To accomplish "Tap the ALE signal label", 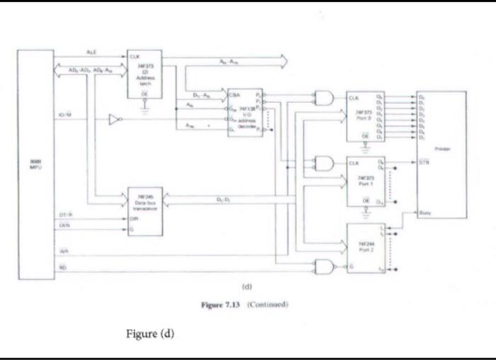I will tap(91, 52).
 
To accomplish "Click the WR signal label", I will tap(63, 252).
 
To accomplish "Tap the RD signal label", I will tap(63, 267).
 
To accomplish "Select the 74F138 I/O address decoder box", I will tap(244, 112).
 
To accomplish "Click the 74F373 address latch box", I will tap(145, 75).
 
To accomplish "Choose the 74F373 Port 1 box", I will tap(365, 181).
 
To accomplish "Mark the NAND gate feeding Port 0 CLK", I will tap(323, 99).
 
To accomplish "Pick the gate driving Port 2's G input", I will tap(325, 266).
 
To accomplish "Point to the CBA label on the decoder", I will tap(235, 93).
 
